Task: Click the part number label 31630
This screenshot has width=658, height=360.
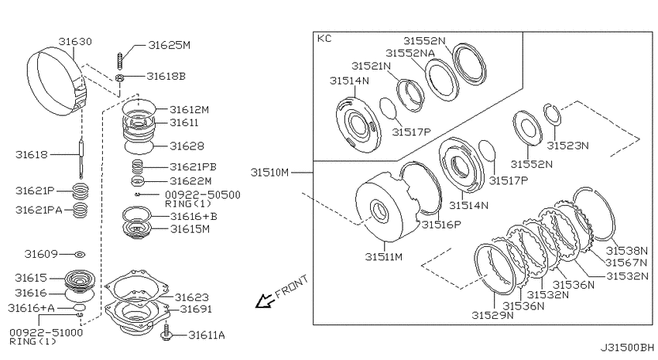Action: pyautogui.click(x=75, y=42)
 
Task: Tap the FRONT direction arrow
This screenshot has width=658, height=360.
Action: pyautogui.click(x=264, y=301)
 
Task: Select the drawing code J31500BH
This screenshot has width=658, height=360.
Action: pyautogui.click(x=627, y=348)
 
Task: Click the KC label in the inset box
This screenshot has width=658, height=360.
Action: pyautogui.click(x=324, y=39)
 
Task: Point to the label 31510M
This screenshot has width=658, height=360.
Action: pyautogui.click(x=270, y=173)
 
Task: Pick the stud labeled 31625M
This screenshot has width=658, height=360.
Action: pyautogui.click(x=120, y=61)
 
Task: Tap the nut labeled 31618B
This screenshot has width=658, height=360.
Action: pyautogui.click(x=119, y=77)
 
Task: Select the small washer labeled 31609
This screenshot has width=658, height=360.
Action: pyautogui.click(x=80, y=254)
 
